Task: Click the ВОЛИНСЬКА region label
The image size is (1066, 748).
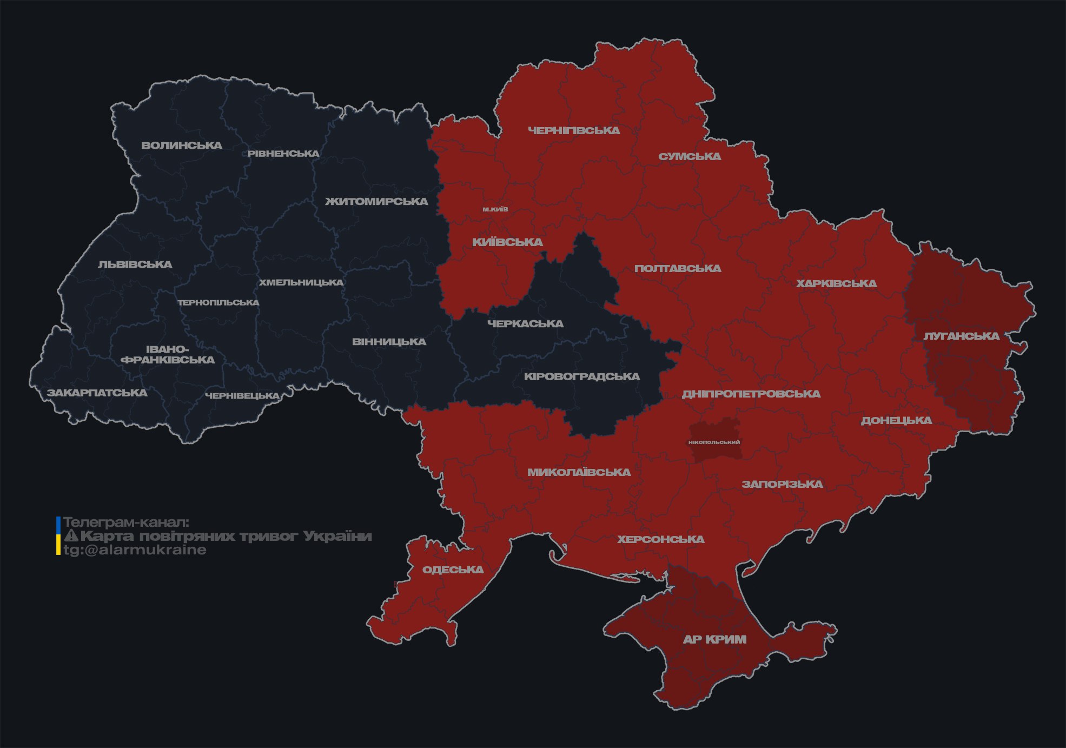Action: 182,145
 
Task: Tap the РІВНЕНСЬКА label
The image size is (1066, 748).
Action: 283,154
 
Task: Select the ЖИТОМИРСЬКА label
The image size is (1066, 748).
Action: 376,202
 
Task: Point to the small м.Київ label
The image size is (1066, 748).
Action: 495,209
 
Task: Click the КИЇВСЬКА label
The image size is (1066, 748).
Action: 507,242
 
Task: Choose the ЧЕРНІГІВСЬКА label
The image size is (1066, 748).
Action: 574,130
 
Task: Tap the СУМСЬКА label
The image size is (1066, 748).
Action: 690,157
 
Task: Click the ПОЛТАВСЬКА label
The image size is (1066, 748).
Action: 678,268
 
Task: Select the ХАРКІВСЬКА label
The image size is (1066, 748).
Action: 836,283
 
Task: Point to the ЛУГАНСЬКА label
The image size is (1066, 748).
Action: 961,336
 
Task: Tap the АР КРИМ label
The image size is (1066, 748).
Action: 714,639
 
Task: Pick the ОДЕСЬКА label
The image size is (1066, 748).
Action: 453,570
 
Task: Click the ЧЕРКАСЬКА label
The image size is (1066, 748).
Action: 525,323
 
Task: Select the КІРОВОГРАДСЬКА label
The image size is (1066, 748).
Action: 581,376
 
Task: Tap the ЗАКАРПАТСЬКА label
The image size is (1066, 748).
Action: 97,393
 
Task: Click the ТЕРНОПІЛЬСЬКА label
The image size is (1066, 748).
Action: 219,303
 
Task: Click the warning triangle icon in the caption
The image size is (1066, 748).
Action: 71,536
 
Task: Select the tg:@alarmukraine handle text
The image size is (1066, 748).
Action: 135,550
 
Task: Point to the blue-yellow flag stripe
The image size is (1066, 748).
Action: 58,536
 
